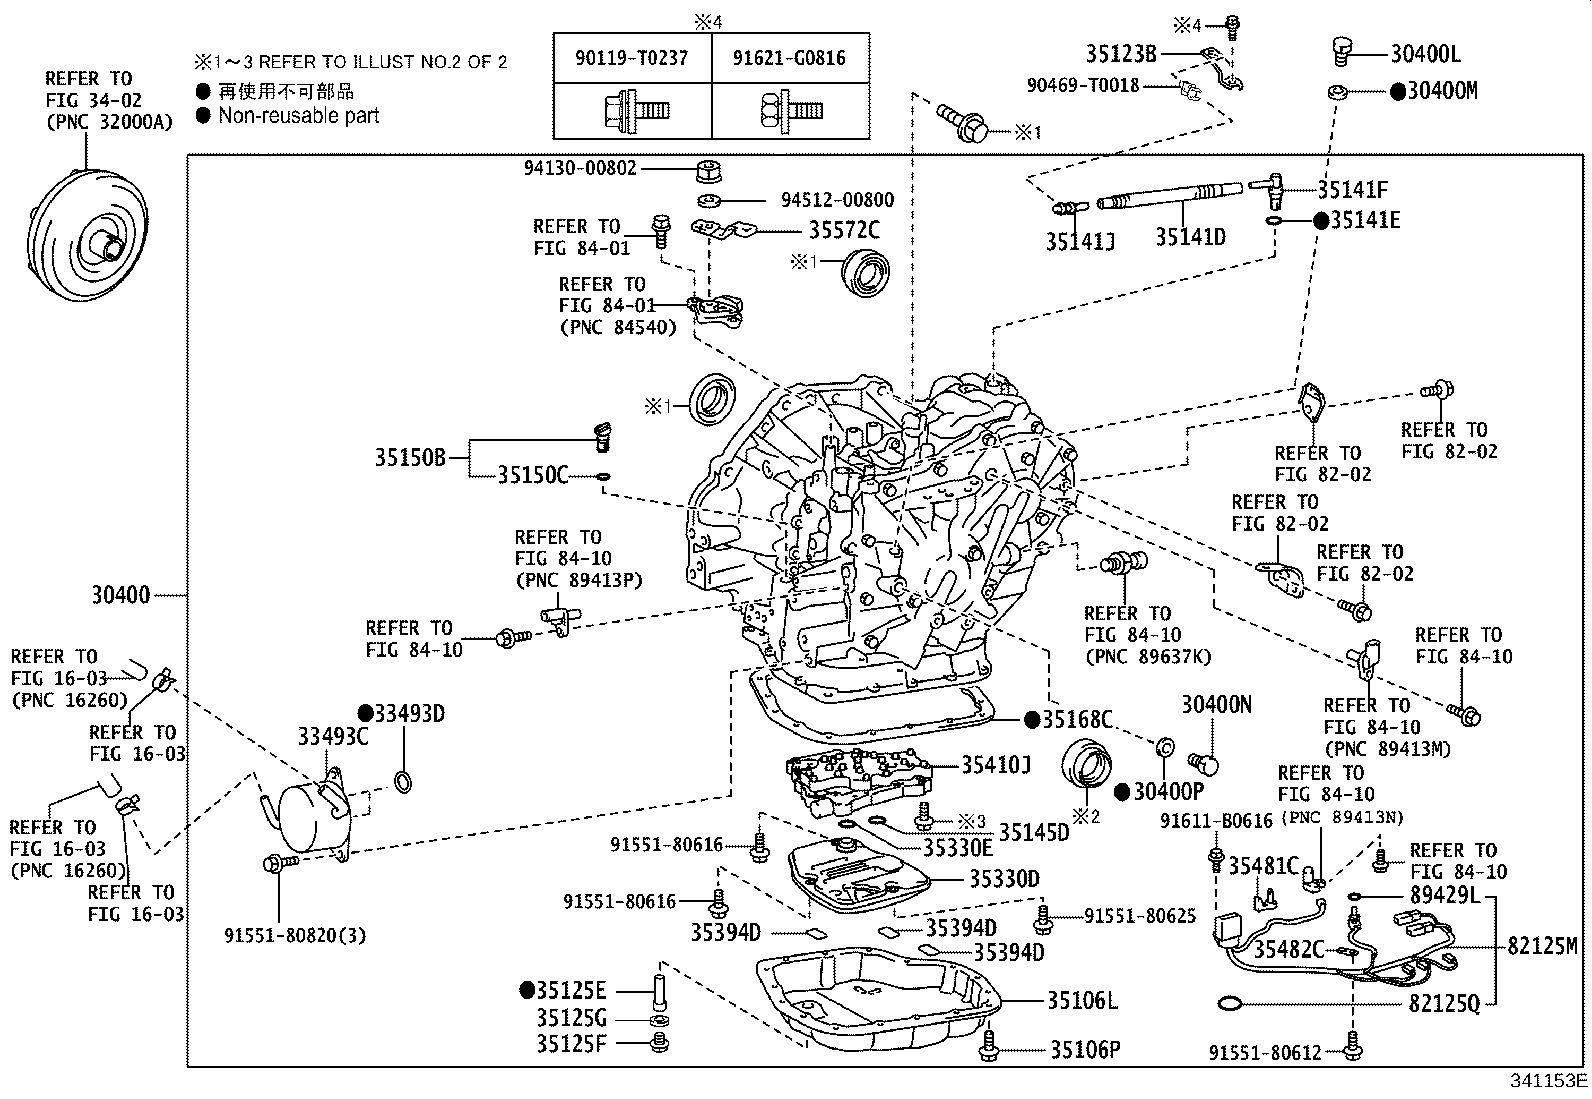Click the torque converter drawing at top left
[x=87, y=236]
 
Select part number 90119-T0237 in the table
[x=632, y=58]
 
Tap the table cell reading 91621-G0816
[x=789, y=58]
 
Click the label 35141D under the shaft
[x=1190, y=237]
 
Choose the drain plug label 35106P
[x=1085, y=1049]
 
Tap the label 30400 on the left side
[x=121, y=594]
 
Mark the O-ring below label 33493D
[x=403, y=781]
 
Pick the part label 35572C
[x=844, y=230]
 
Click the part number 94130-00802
[x=580, y=168]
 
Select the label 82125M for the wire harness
[x=1542, y=945]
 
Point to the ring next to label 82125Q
[x=1230, y=1004]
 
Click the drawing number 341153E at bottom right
[x=1549, y=1081]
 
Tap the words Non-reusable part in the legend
[x=298, y=115]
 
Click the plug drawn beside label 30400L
[x=1340, y=50]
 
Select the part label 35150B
[x=410, y=457]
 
